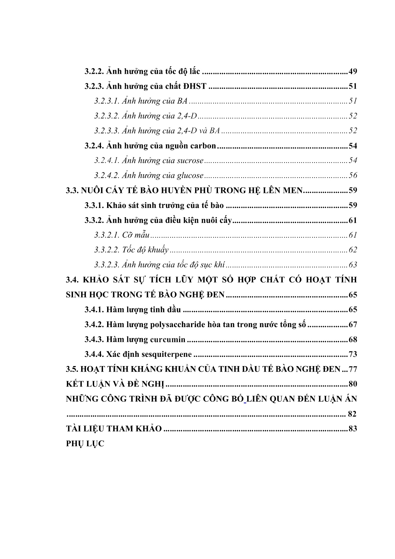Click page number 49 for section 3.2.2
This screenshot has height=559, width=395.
click(353, 72)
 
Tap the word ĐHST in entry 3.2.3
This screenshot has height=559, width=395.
click(195, 86)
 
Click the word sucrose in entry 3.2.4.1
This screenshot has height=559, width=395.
click(190, 161)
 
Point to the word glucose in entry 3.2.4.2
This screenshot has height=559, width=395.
click(190, 176)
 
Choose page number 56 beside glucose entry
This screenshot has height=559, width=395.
click(353, 176)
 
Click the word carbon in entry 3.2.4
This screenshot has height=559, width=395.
click(204, 146)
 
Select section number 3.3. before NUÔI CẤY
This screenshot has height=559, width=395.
click(72, 191)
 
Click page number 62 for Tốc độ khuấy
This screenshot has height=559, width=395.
click(353, 250)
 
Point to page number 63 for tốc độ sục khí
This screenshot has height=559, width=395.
click(353, 265)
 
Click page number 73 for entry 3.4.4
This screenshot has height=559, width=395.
click(353, 354)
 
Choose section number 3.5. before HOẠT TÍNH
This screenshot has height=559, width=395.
click(72, 369)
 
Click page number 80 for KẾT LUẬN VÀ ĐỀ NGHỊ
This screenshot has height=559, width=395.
click(353, 385)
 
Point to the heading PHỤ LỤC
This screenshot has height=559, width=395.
click(85, 444)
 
